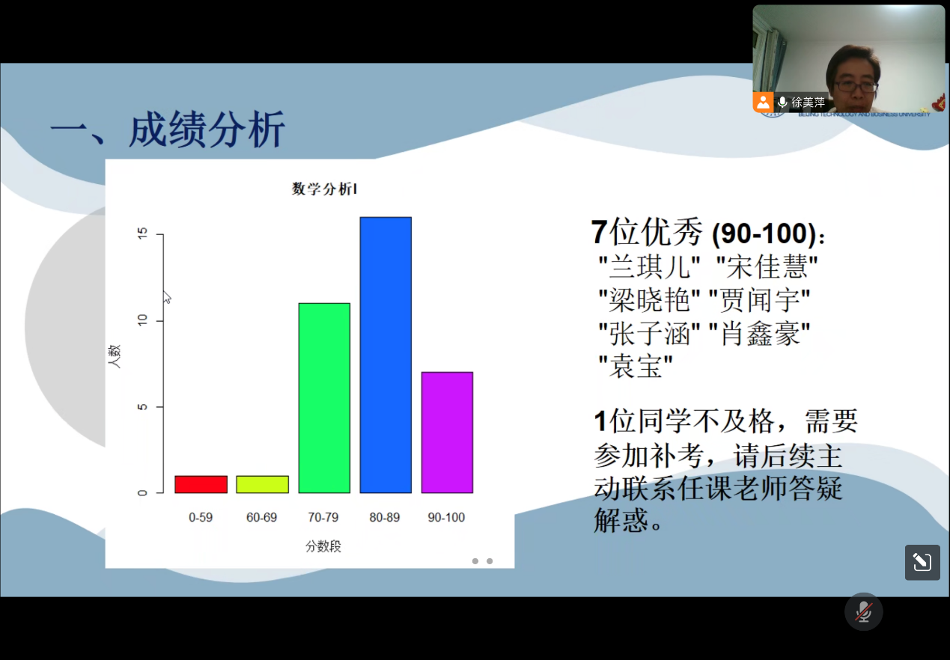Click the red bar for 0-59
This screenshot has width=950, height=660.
coord(201,484)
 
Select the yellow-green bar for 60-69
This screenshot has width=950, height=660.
coord(263,484)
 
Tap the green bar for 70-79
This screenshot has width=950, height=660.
coord(324,398)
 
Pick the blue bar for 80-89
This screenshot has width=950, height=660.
coord(386,355)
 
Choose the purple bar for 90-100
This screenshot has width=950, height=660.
coord(447,433)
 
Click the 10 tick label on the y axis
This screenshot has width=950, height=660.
coord(142,320)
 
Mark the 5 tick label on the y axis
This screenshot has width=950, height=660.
coord(142,407)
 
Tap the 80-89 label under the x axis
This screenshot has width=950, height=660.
coord(385,518)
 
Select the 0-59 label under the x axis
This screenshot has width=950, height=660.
coord(201,518)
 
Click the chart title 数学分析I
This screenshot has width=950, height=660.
coord(324,189)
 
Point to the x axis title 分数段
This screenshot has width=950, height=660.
coord(323,546)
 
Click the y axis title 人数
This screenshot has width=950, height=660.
coord(115,356)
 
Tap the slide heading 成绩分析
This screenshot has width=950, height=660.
coord(207,129)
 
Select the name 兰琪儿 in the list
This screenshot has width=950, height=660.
coord(649,267)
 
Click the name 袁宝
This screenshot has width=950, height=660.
coord(636,365)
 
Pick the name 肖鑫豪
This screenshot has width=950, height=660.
coord(760,333)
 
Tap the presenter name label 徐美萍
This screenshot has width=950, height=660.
coord(808,103)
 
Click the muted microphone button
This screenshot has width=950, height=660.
coord(863,611)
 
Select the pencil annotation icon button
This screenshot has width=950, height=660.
coord(922,563)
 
